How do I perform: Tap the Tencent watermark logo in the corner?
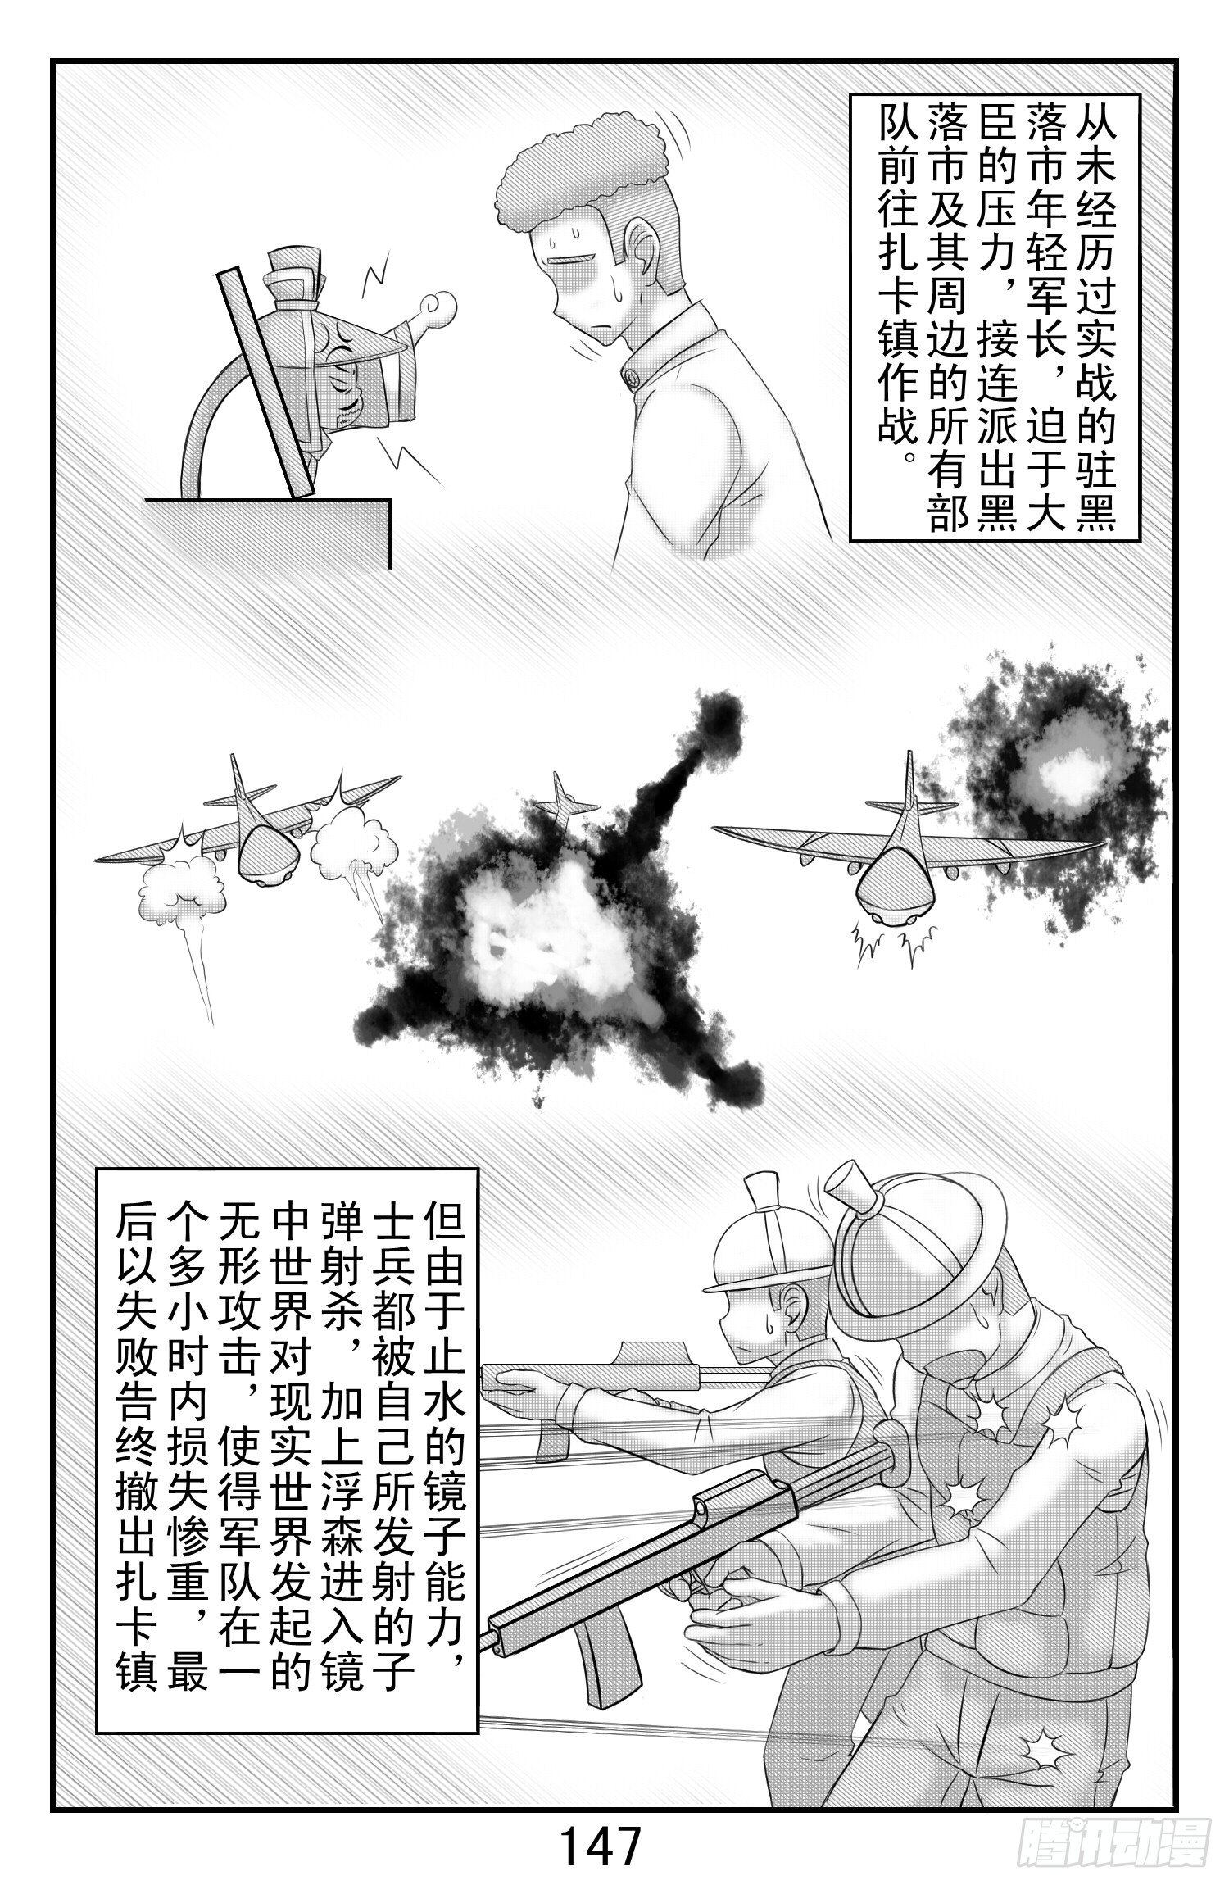pyautogui.click(x=1113, y=1854)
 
